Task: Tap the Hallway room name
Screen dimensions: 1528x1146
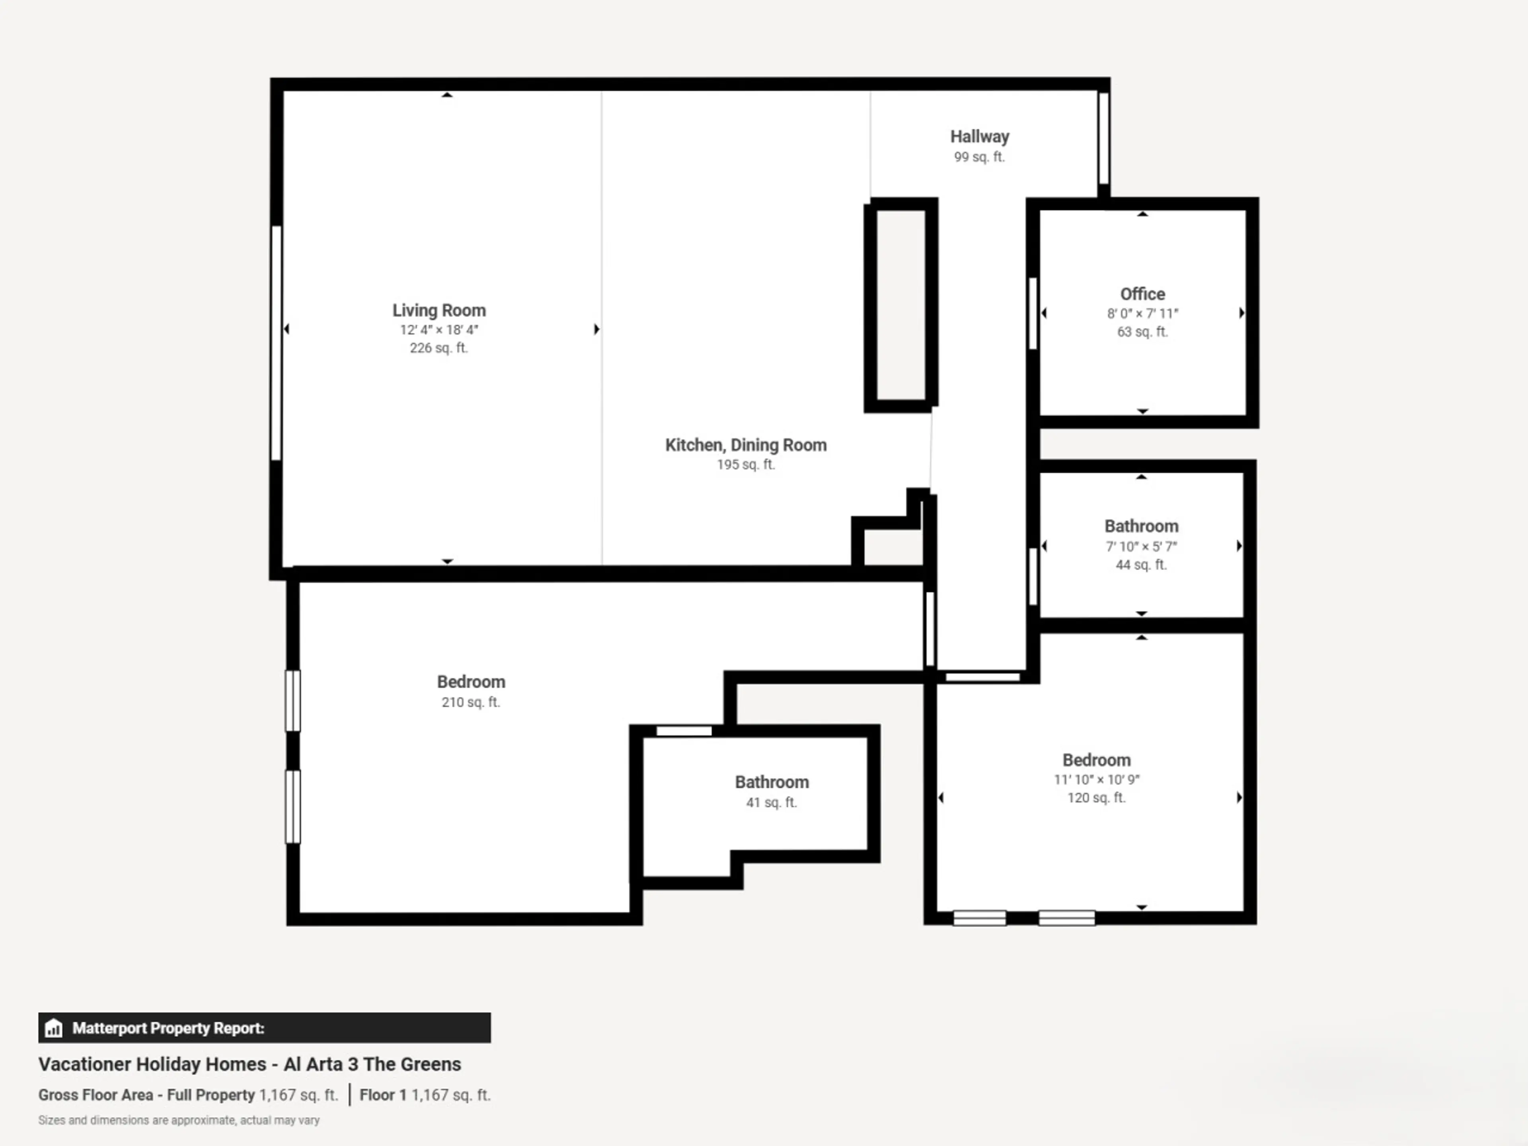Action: pyautogui.click(x=980, y=137)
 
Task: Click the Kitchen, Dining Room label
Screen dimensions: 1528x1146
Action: pyautogui.click(x=745, y=445)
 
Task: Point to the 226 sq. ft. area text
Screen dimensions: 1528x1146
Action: pyautogui.click(x=439, y=347)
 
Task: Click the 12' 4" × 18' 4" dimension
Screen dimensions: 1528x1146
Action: pyautogui.click(x=439, y=329)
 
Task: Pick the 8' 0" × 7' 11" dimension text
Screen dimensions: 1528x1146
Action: pyautogui.click(x=1142, y=313)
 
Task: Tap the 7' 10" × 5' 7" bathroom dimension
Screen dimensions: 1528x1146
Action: pyautogui.click(x=1141, y=546)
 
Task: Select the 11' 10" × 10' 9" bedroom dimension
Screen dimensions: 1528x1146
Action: pyautogui.click(x=1096, y=779)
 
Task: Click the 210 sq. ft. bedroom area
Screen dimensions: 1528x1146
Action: pyautogui.click(x=470, y=702)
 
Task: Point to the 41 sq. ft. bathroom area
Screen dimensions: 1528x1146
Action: pyautogui.click(x=772, y=802)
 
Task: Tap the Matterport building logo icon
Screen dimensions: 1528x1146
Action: pyautogui.click(x=53, y=1028)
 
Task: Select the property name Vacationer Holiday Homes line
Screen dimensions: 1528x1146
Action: pyautogui.click(x=249, y=1064)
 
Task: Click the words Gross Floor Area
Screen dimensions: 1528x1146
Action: pyautogui.click(x=95, y=1095)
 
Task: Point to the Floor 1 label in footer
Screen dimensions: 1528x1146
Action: pyautogui.click(x=383, y=1095)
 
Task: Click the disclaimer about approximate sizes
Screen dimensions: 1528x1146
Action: pyautogui.click(x=179, y=1120)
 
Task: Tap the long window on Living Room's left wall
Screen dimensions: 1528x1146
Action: pyautogui.click(x=276, y=343)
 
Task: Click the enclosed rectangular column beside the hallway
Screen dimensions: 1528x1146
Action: pyautogui.click(x=901, y=305)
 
